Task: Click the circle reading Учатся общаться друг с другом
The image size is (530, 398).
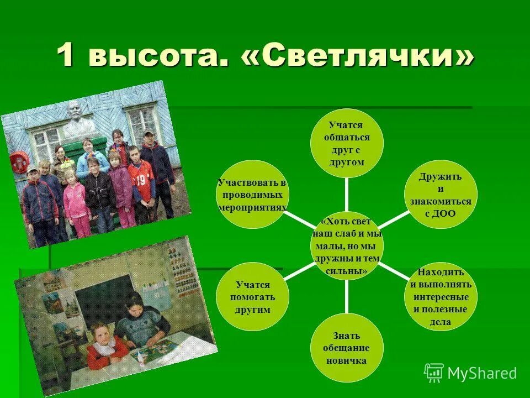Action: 346,143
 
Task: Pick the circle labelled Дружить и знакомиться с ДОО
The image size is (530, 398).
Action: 440,193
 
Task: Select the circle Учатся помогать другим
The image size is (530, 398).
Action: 252,297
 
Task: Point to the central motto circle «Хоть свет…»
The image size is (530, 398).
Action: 347,245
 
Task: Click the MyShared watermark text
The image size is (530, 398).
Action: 482,373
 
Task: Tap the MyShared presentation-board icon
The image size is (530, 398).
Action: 433,373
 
